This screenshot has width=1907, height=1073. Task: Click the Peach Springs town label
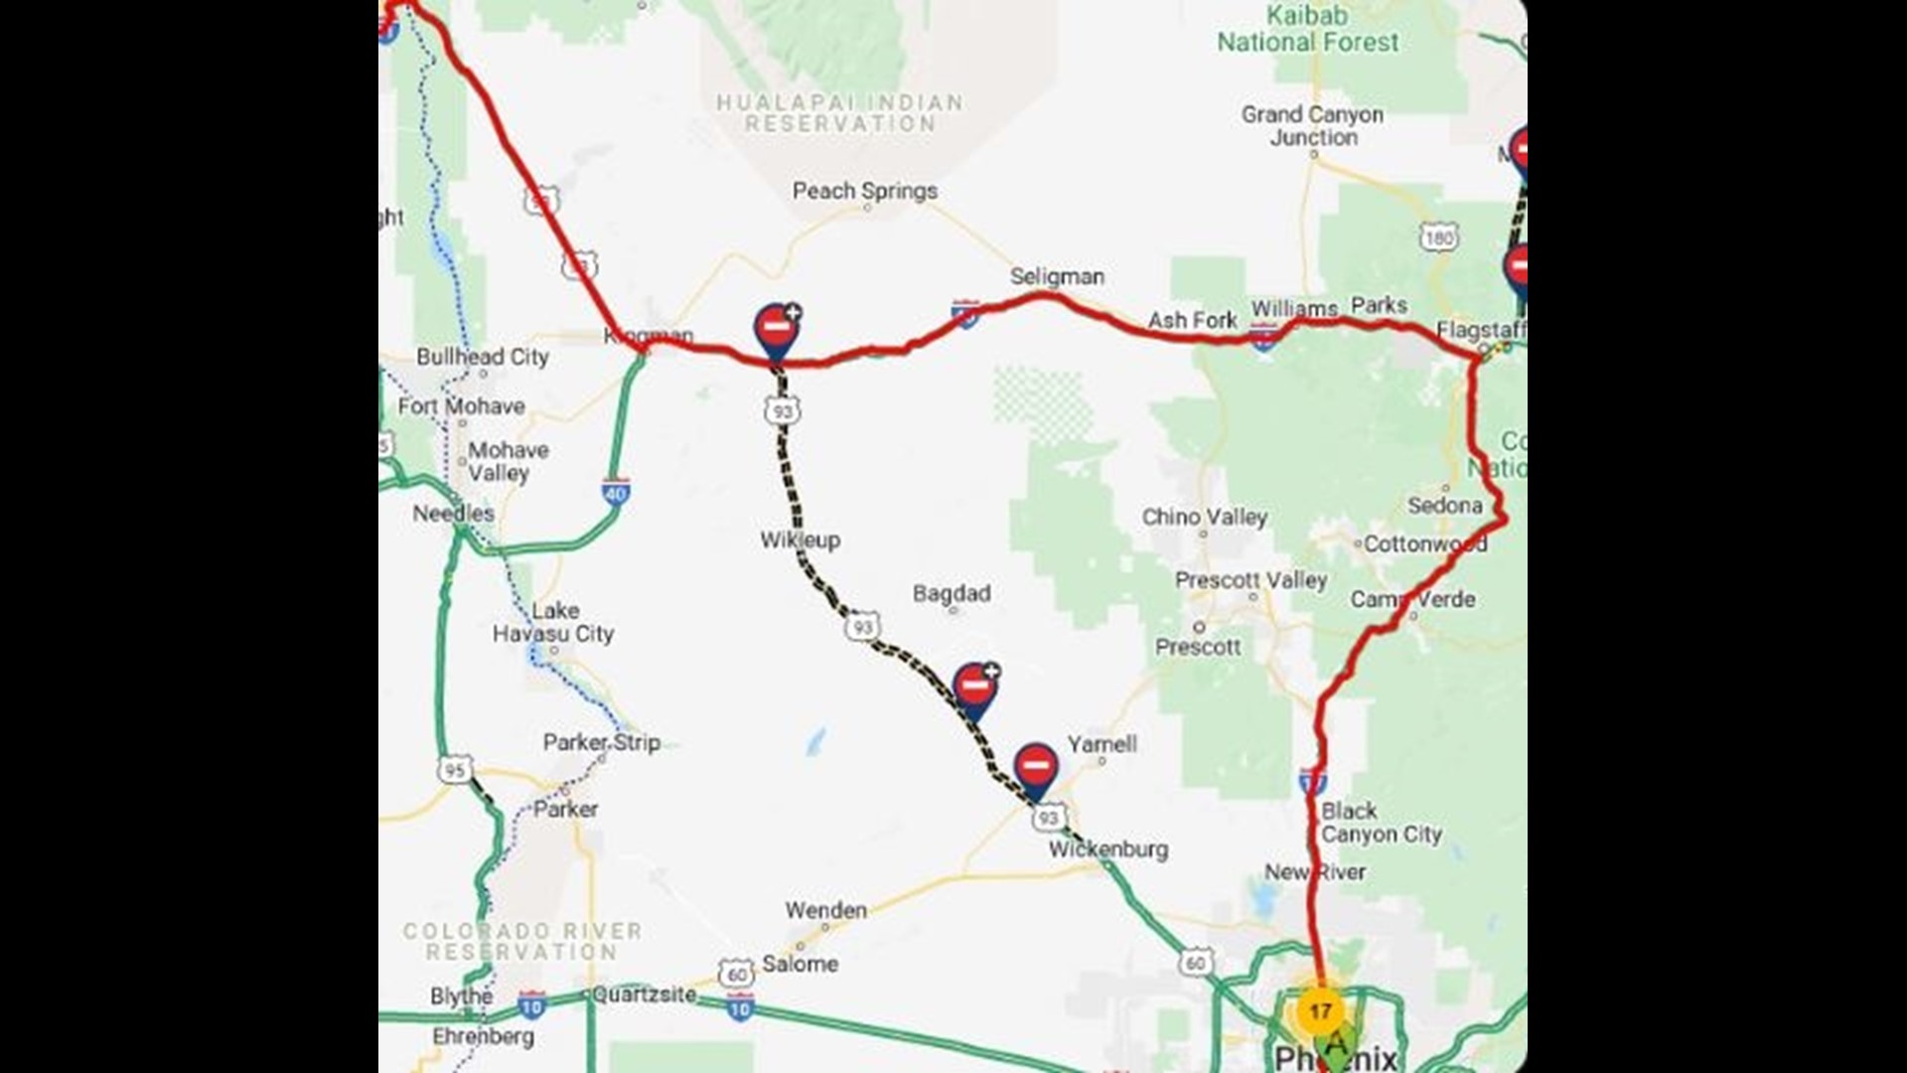click(x=864, y=191)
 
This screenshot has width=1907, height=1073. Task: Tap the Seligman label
click(x=1057, y=276)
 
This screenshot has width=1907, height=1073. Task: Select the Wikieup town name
click(x=800, y=539)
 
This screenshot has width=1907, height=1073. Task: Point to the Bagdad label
click(x=951, y=593)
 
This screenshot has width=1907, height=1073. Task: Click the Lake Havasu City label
click(x=553, y=622)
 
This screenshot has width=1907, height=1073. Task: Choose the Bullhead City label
click(x=483, y=357)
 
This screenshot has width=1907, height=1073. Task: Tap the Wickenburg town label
click(x=1107, y=849)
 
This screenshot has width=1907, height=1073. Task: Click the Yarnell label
click(x=1101, y=743)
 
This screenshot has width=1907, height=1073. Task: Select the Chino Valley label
click(x=1204, y=517)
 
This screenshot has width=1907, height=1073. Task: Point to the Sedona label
click(x=1444, y=505)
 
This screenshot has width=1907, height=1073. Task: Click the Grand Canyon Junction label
click(x=1312, y=126)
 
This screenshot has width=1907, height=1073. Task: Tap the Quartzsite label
click(x=644, y=994)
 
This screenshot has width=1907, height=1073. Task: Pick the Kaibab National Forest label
click(x=1307, y=29)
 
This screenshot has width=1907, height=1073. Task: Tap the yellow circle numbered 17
click(x=1319, y=1011)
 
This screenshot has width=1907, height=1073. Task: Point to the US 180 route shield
click(x=1438, y=237)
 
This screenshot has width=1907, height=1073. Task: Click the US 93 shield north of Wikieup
click(x=783, y=410)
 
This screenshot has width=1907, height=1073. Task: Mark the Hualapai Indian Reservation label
click(x=840, y=113)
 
